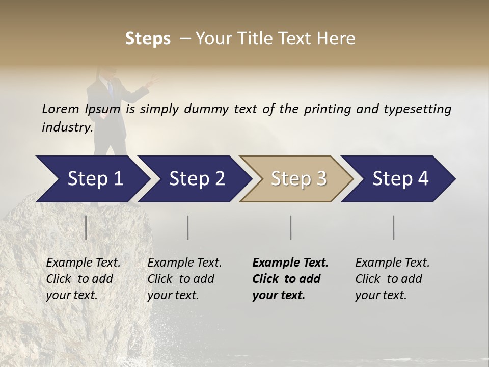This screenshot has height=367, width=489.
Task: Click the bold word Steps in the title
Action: [148, 39]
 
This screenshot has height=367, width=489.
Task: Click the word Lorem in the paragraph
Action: [60, 109]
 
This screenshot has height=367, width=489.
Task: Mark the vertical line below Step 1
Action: [86, 227]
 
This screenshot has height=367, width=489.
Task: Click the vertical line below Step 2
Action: [188, 227]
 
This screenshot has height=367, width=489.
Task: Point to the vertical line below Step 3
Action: [291, 227]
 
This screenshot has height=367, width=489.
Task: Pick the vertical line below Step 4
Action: [394, 227]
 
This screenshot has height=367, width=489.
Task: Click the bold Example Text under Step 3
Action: [290, 263]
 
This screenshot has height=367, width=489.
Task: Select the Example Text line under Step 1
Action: [83, 263]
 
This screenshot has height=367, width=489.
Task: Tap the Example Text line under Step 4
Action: [392, 263]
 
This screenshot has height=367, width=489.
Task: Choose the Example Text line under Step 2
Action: [184, 263]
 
